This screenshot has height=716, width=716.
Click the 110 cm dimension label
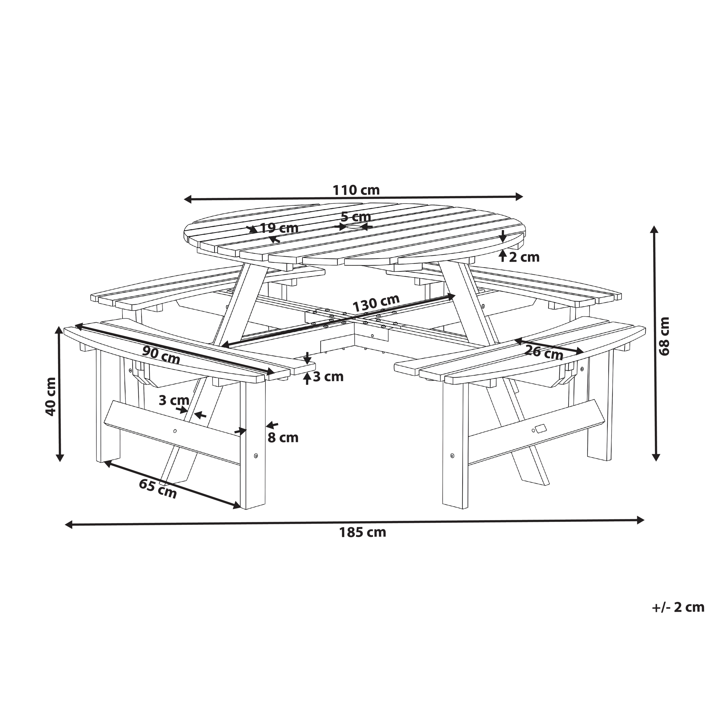click(x=356, y=190)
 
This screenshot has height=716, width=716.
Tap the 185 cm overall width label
click(x=363, y=533)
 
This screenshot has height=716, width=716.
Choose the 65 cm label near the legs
click(x=158, y=488)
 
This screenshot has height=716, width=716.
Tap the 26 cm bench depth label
click(x=545, y=352)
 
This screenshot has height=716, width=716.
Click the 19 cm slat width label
click(x=279, y=228)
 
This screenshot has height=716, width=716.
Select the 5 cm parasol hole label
click(x=356, y=216)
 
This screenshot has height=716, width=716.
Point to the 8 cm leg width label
click(x=283, y=438)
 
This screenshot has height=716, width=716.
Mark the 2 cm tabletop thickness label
click(x=524, y=257)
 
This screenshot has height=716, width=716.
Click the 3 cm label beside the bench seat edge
click(x=328, y=377)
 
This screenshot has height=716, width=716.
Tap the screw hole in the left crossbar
click(x=175, y=431)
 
